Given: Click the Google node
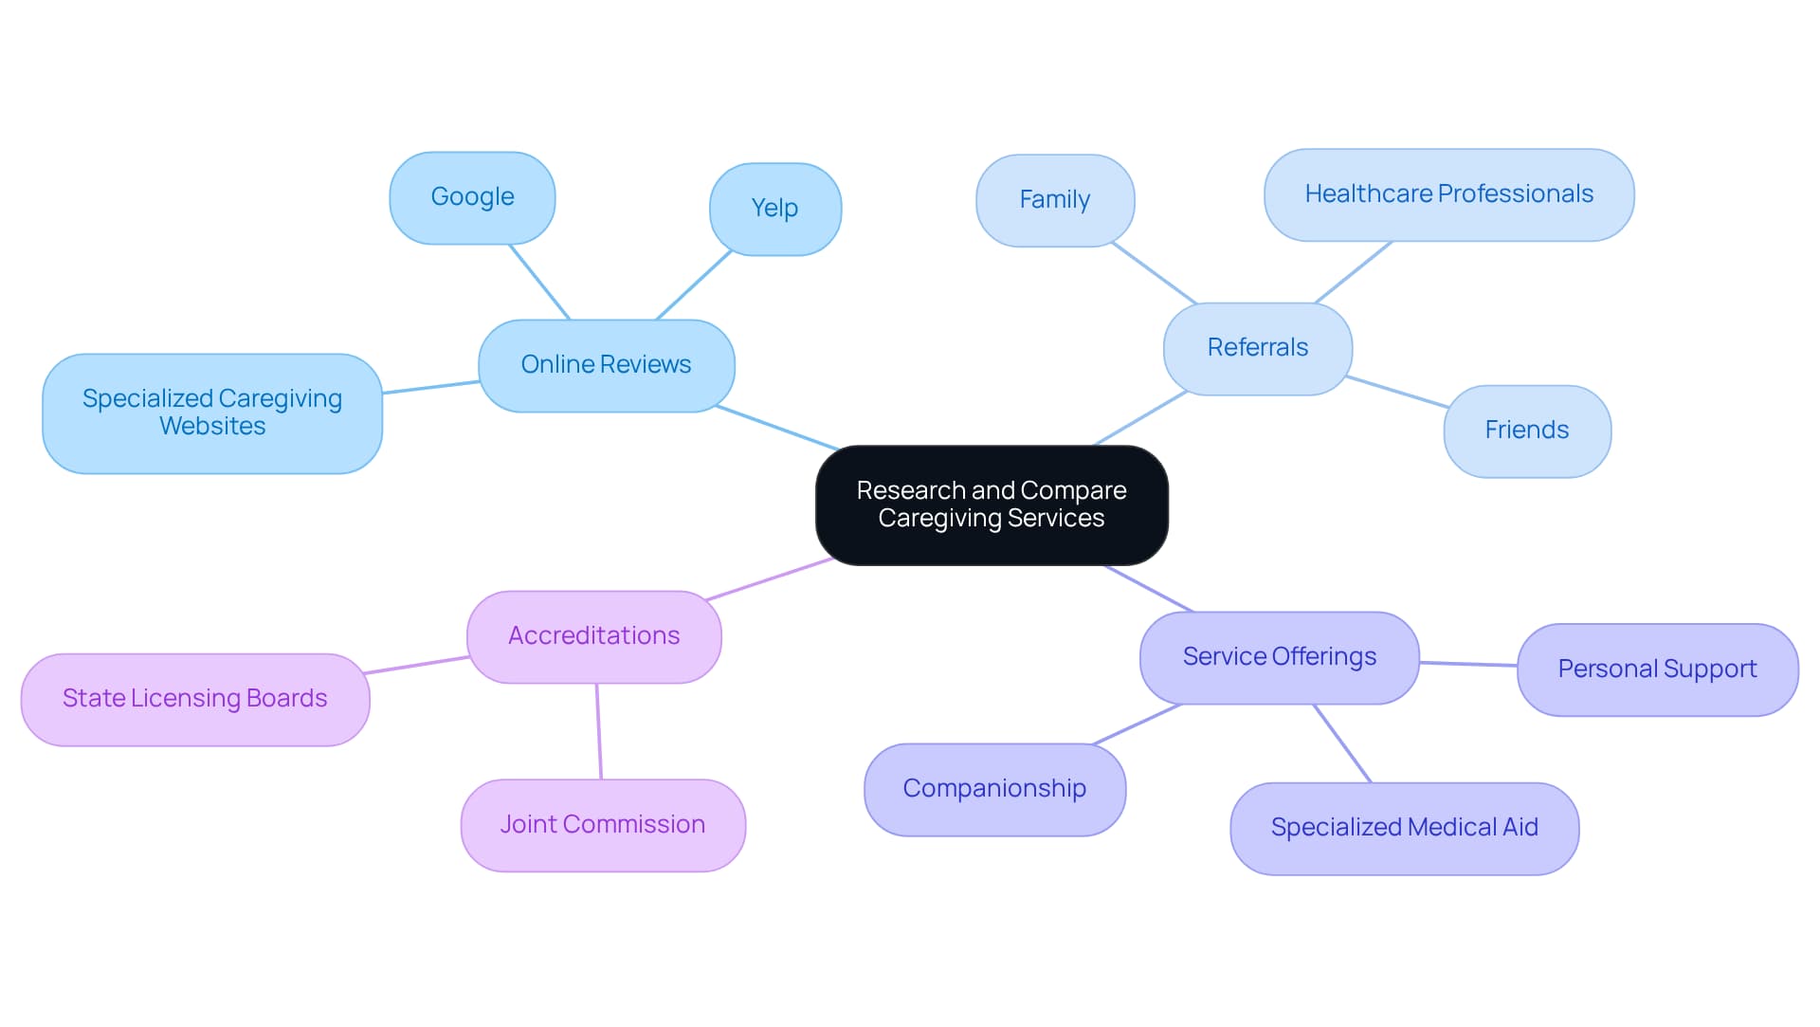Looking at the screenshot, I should click(472, 197).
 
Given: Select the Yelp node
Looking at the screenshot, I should click(774, 209).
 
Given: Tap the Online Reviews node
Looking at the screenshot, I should click(606, 365).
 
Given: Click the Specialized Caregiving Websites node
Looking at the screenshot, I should click(212, 413).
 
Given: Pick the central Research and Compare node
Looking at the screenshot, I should click(992, 504).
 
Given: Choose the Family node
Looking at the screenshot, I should click(1054, 200).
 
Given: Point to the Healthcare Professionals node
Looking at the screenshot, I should click(1448, 194).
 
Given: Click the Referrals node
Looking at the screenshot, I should click(1257, 348).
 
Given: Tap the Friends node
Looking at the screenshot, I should click(1526, 431).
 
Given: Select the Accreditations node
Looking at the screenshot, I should click(593, 636).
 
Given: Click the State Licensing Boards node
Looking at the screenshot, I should click(194, 699).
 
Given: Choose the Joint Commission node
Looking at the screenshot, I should click(603, 825).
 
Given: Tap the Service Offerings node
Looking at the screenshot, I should click(1279, 657).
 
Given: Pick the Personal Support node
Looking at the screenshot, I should click(1657, 669).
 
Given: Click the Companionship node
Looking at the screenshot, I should click(994, 789).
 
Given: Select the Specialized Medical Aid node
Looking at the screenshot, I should click(1404, 828).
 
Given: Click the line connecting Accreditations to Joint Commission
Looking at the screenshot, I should click(598, 731).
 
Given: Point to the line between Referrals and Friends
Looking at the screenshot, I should click(1397, 392).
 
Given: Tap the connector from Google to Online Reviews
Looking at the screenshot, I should click(539, 282).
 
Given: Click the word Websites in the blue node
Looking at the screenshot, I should click(212, 427).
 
